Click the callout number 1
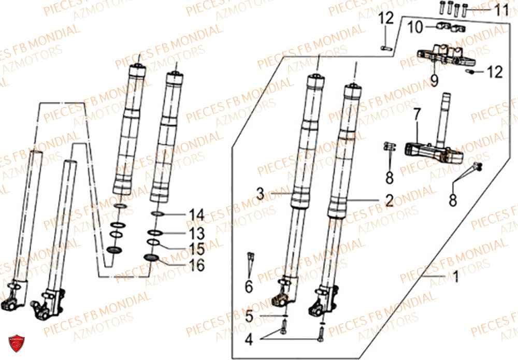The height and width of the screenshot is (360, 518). [x=456, y=278]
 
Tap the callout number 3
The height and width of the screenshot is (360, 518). [x=261, y=194]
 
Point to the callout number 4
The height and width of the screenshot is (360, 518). [x=249, y=341]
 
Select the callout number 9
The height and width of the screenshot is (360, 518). [x=434, y=80]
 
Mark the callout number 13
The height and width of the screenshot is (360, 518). [x=197, y=231]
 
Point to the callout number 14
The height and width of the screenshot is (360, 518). [x=197, y=214]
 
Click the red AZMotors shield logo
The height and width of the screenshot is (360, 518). [x=17, y=342]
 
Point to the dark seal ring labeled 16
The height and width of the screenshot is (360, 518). [x=151, y=258]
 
